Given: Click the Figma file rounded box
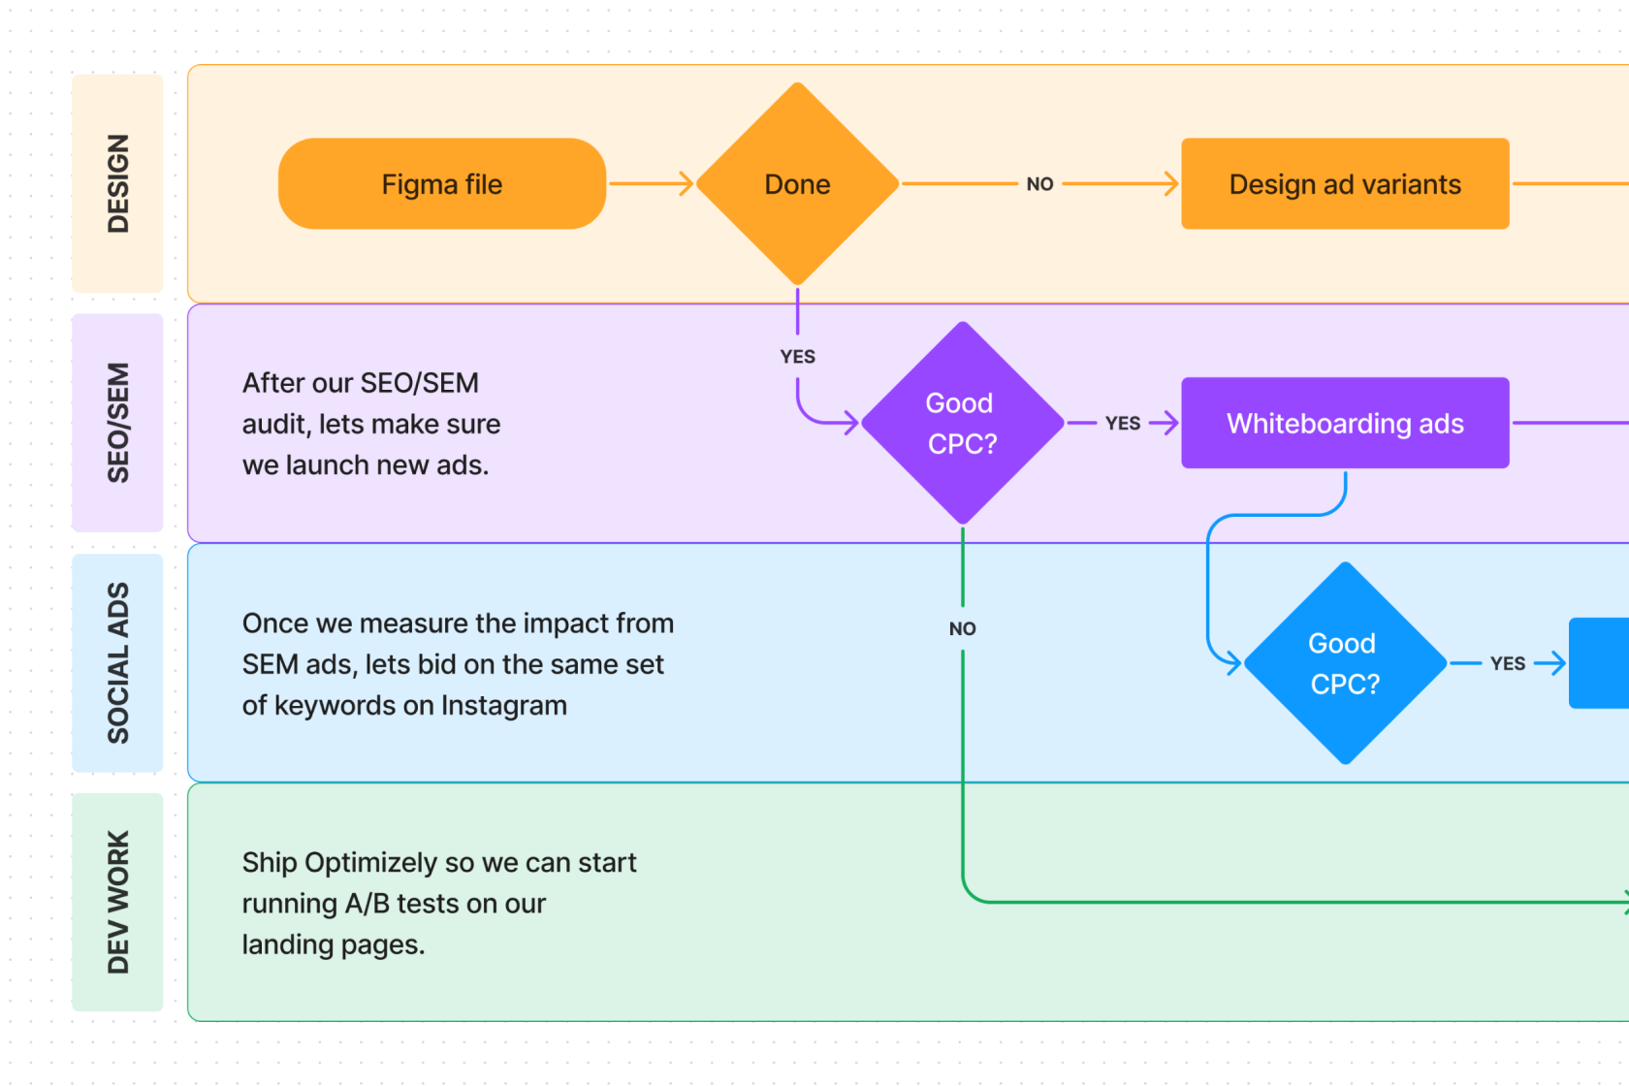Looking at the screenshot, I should (x=442, y=184).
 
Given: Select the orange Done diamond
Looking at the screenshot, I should (x=797, y=184).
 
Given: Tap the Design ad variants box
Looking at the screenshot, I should (x=1345, y=184).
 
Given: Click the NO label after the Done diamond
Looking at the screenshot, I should (x=1039, y=184).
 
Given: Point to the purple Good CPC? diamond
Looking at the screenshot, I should (x=962, y=423).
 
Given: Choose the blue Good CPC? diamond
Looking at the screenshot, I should (x=1345, y=663).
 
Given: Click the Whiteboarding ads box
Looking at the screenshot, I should (x=1345, y=423).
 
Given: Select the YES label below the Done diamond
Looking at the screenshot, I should (x=797, y=357).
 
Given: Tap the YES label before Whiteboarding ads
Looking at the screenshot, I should (x=1123, y=423).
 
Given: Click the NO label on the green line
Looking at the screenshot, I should (x=962, y=628).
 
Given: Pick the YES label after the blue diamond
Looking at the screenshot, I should (x=1508, y=663).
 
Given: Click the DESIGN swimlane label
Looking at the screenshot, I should (x=117, y=183).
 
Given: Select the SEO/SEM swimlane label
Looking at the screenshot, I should (x=117, y=423).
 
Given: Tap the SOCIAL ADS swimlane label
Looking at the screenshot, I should (x=117, y=663).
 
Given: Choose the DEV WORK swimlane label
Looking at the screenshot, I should (x=117, y=902).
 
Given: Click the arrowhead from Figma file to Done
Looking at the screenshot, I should (x=687, y=183).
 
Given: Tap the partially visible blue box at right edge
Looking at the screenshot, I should (x=1600, y=663).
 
